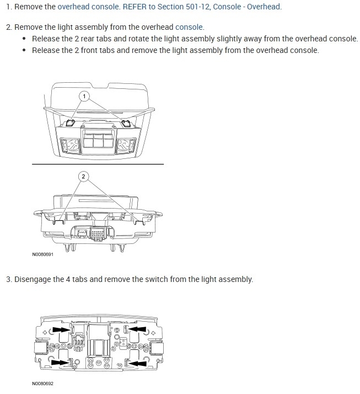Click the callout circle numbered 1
point(84,95)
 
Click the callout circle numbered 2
point(83,177)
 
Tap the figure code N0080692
point(43,383)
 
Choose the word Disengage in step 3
point(33,279)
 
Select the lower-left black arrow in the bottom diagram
point(62,363)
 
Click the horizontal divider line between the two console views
point(98,164)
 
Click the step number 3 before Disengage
point(8,279)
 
